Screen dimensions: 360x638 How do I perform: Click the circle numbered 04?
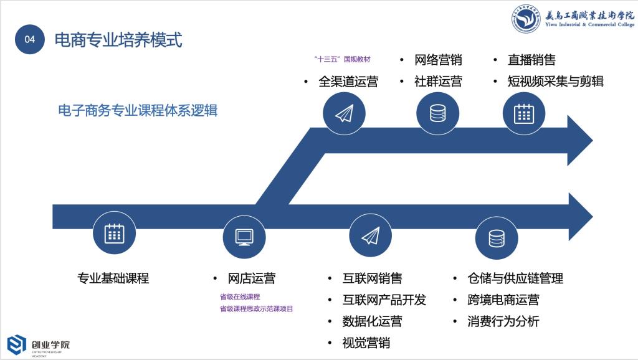[x=30, y=39]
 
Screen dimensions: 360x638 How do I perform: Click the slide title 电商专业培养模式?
[x=118, y=40]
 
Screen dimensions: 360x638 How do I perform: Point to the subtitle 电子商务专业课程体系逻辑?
[x=138, y=110]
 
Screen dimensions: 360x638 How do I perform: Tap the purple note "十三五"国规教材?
[x=342, y=59]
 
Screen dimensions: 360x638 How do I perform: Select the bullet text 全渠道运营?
[x=348, y=82]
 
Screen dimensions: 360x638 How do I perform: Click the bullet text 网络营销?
[x=438, y=60]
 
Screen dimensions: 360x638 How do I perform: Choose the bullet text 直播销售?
[x=531, y=60]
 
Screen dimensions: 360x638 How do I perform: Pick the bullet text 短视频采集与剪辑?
[x=555, y=82]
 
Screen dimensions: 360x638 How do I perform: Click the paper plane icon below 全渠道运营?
[x=345, y=113]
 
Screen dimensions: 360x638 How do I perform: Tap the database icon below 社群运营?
[x=437, y=113]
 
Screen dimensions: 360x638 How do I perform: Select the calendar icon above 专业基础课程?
[x=114, y=234]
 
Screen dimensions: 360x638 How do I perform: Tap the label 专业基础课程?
[x=113, y=278]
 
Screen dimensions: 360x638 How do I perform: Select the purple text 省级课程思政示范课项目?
[x=256, y=308]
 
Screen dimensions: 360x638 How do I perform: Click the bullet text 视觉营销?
[x=366, y=343]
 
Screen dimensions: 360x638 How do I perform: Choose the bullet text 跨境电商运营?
[x=503, y=300]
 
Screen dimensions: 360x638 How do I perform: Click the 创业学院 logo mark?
[x=17, y=345]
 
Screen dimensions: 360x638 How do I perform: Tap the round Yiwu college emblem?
[x=525, y=19]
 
